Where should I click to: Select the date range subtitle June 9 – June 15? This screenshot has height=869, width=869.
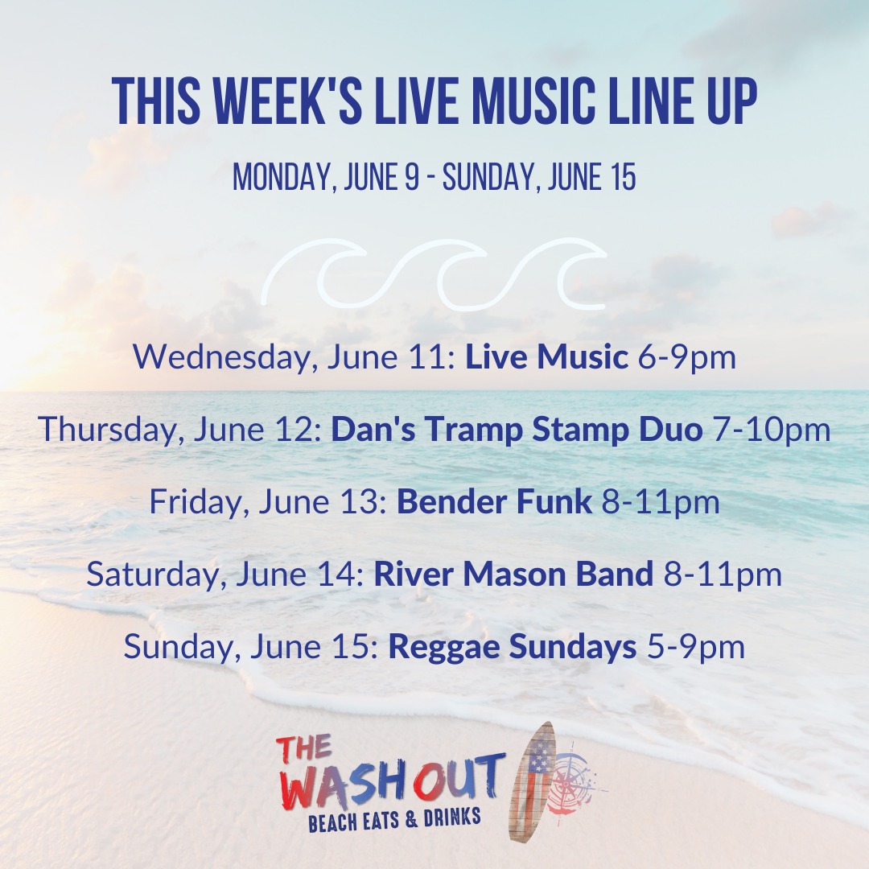434,177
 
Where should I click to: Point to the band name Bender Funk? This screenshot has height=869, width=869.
494,501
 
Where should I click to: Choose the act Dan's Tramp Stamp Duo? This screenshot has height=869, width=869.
517,430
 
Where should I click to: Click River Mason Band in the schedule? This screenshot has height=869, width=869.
513,575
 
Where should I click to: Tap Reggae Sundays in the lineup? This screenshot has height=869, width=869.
512,647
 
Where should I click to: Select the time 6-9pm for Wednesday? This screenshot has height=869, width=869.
687,358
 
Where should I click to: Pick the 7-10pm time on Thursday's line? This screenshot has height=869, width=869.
772,430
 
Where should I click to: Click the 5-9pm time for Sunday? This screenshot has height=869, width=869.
696,647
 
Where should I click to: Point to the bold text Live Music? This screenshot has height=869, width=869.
546,357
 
